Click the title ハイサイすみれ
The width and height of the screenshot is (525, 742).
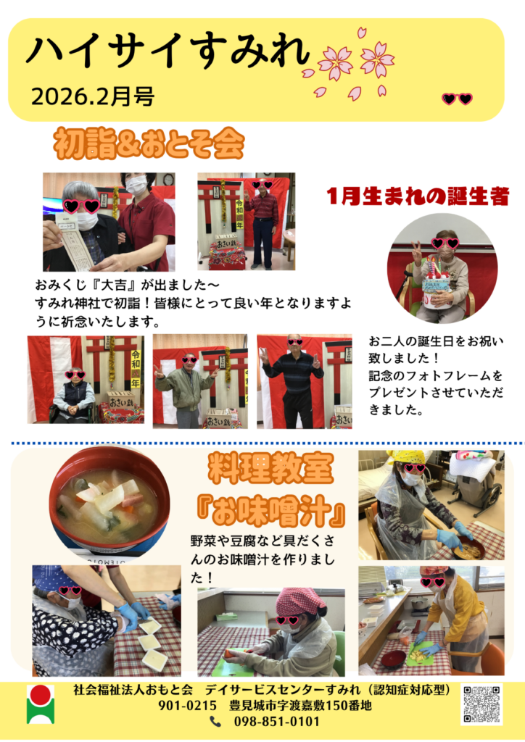168,51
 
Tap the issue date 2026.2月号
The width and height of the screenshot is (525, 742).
93,96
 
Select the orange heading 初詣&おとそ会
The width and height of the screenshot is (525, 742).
149,143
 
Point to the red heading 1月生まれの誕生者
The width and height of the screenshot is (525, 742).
418,196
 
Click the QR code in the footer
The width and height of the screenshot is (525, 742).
481,704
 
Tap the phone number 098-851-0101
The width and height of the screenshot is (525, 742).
276,722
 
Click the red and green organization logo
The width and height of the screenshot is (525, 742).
40,704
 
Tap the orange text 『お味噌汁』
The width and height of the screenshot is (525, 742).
270,512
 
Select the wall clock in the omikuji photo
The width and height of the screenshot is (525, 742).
168,180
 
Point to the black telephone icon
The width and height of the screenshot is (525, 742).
215,722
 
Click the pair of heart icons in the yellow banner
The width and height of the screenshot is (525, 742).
457,99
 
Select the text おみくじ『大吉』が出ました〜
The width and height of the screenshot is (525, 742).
128,285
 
